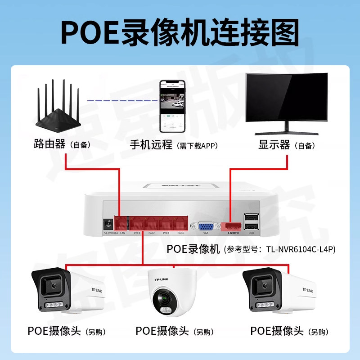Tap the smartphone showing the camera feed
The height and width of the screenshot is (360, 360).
[x=172, y=107]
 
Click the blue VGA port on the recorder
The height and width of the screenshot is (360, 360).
[x=206, y=226]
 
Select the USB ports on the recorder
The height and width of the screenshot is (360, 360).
[x=251, y=223]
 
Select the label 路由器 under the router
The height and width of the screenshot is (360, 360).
[x=50, y=145]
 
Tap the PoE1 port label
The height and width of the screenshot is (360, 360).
[x=137, y=233]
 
